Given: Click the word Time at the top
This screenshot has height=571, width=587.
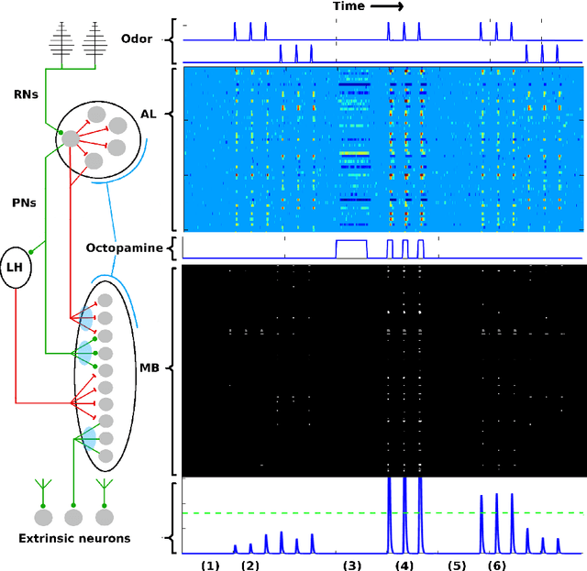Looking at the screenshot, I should click(349, 6).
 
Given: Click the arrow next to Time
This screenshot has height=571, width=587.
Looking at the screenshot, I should click(388, 6).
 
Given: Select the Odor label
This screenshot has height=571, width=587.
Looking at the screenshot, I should click(138, 38).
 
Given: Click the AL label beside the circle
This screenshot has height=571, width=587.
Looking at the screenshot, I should click(148, 113).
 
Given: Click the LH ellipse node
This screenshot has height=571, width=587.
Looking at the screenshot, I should click(16, 267).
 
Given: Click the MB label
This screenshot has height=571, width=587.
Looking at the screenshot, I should click(149, 368).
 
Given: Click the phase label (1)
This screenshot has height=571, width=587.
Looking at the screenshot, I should click(211, 566).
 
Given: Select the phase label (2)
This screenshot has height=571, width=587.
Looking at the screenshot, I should click(250, 566).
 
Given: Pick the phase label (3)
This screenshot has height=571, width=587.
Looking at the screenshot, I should click(352, 566).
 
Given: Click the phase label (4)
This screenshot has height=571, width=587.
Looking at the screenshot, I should click(404, 566).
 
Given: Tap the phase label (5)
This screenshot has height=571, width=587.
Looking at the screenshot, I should click(457, 566).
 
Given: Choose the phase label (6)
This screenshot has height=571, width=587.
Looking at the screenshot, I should click(496, 566).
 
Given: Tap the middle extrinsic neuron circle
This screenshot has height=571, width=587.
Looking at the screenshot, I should click(73, 518).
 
